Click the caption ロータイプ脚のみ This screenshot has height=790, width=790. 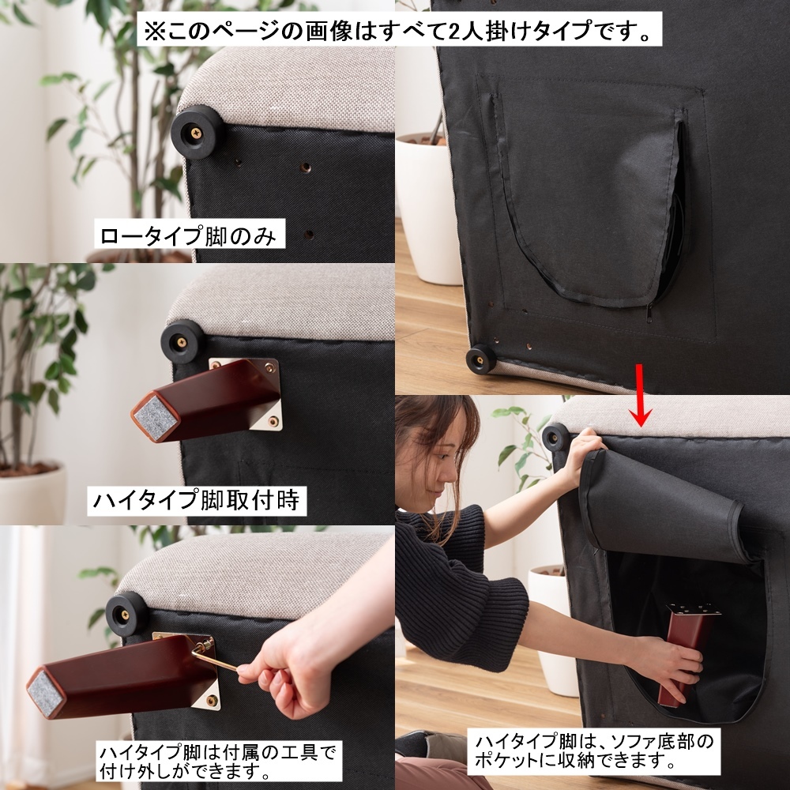coord(190,235)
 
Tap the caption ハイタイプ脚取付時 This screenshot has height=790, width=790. coord(197,500)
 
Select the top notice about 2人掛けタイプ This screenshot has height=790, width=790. coord(398,30)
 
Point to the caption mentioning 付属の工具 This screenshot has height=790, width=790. coord(218,760)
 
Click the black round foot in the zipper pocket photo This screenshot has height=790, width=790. coord(480,358)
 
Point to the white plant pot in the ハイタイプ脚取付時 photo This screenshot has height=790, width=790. coord(32,495)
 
